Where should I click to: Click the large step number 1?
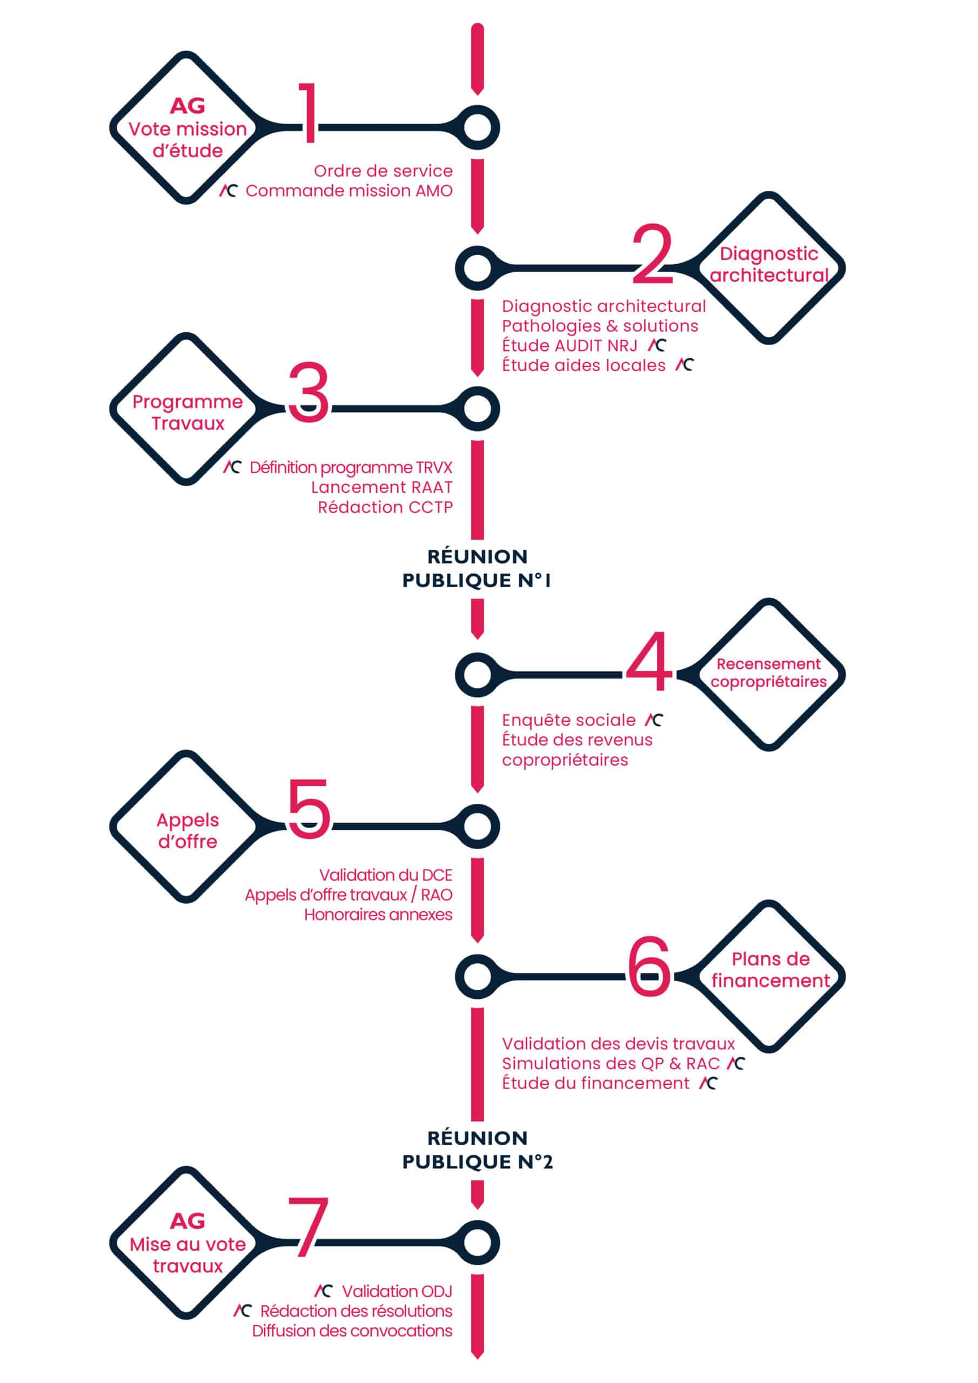click(309, 113)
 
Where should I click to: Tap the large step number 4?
click(649, 661)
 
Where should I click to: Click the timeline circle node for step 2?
click(477, 268)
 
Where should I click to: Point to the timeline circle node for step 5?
click(477, 826)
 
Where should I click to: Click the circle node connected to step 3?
click(477, 409)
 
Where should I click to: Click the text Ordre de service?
click(383, 171)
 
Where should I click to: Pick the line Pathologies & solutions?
click(600, 326)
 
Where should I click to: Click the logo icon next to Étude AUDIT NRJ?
click(657, 345)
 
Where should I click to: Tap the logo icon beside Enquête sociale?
click(654, 720)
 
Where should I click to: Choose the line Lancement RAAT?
click(381, 487)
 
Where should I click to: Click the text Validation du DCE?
click(386, 875)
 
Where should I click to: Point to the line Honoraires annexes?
click(378, 915)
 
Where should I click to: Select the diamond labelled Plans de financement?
click(769, 976)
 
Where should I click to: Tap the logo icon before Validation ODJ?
click(324, 1291)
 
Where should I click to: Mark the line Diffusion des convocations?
click(352, 1331)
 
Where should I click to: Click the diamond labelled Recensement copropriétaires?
click(769, 675)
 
